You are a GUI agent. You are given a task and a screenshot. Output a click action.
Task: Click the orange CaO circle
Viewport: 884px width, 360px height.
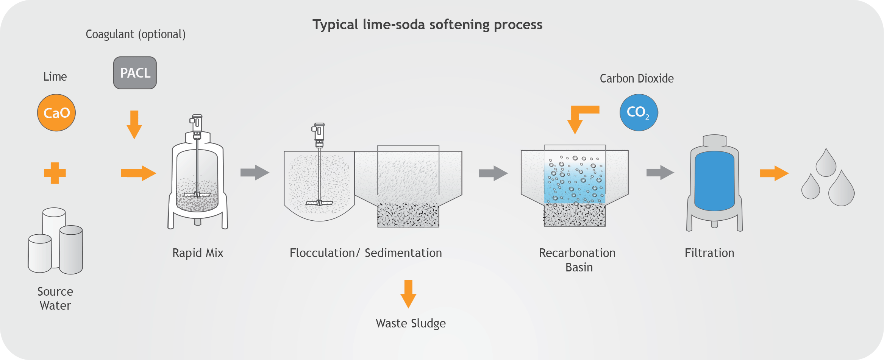click(56, 113)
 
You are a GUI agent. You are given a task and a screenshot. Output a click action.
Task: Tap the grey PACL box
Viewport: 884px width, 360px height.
click(135, 73)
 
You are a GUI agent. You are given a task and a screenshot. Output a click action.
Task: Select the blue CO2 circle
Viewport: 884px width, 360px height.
click(639, 112)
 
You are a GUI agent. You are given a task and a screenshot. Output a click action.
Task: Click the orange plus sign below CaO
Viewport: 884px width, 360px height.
click(55, 173)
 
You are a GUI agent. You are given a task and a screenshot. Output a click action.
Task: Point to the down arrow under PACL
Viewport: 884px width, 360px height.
click(134, 125)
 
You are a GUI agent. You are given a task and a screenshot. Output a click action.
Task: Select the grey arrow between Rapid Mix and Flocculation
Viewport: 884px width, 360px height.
click(255, 173)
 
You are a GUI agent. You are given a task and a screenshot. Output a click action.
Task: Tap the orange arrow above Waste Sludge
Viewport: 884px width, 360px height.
click(408, 294)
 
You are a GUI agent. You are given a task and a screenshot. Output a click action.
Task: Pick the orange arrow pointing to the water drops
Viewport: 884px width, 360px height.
click(774, 173)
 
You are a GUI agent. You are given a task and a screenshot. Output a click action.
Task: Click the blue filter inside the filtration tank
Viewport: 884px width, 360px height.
click(714, 181)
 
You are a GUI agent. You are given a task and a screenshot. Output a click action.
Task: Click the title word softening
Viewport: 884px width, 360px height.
click(454, 25)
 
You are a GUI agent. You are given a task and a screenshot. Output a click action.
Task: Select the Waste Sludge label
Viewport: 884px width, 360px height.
click(411, 323)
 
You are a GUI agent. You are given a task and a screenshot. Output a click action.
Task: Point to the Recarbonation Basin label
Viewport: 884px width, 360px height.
click(578, 260)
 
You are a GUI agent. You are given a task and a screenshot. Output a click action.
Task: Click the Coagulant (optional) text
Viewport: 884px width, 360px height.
click(136, 34)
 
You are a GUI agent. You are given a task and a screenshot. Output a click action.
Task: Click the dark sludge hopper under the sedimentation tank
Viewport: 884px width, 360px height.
click(408, 215)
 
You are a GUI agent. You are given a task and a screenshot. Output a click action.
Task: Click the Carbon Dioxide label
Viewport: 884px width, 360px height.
click(637, 78)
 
